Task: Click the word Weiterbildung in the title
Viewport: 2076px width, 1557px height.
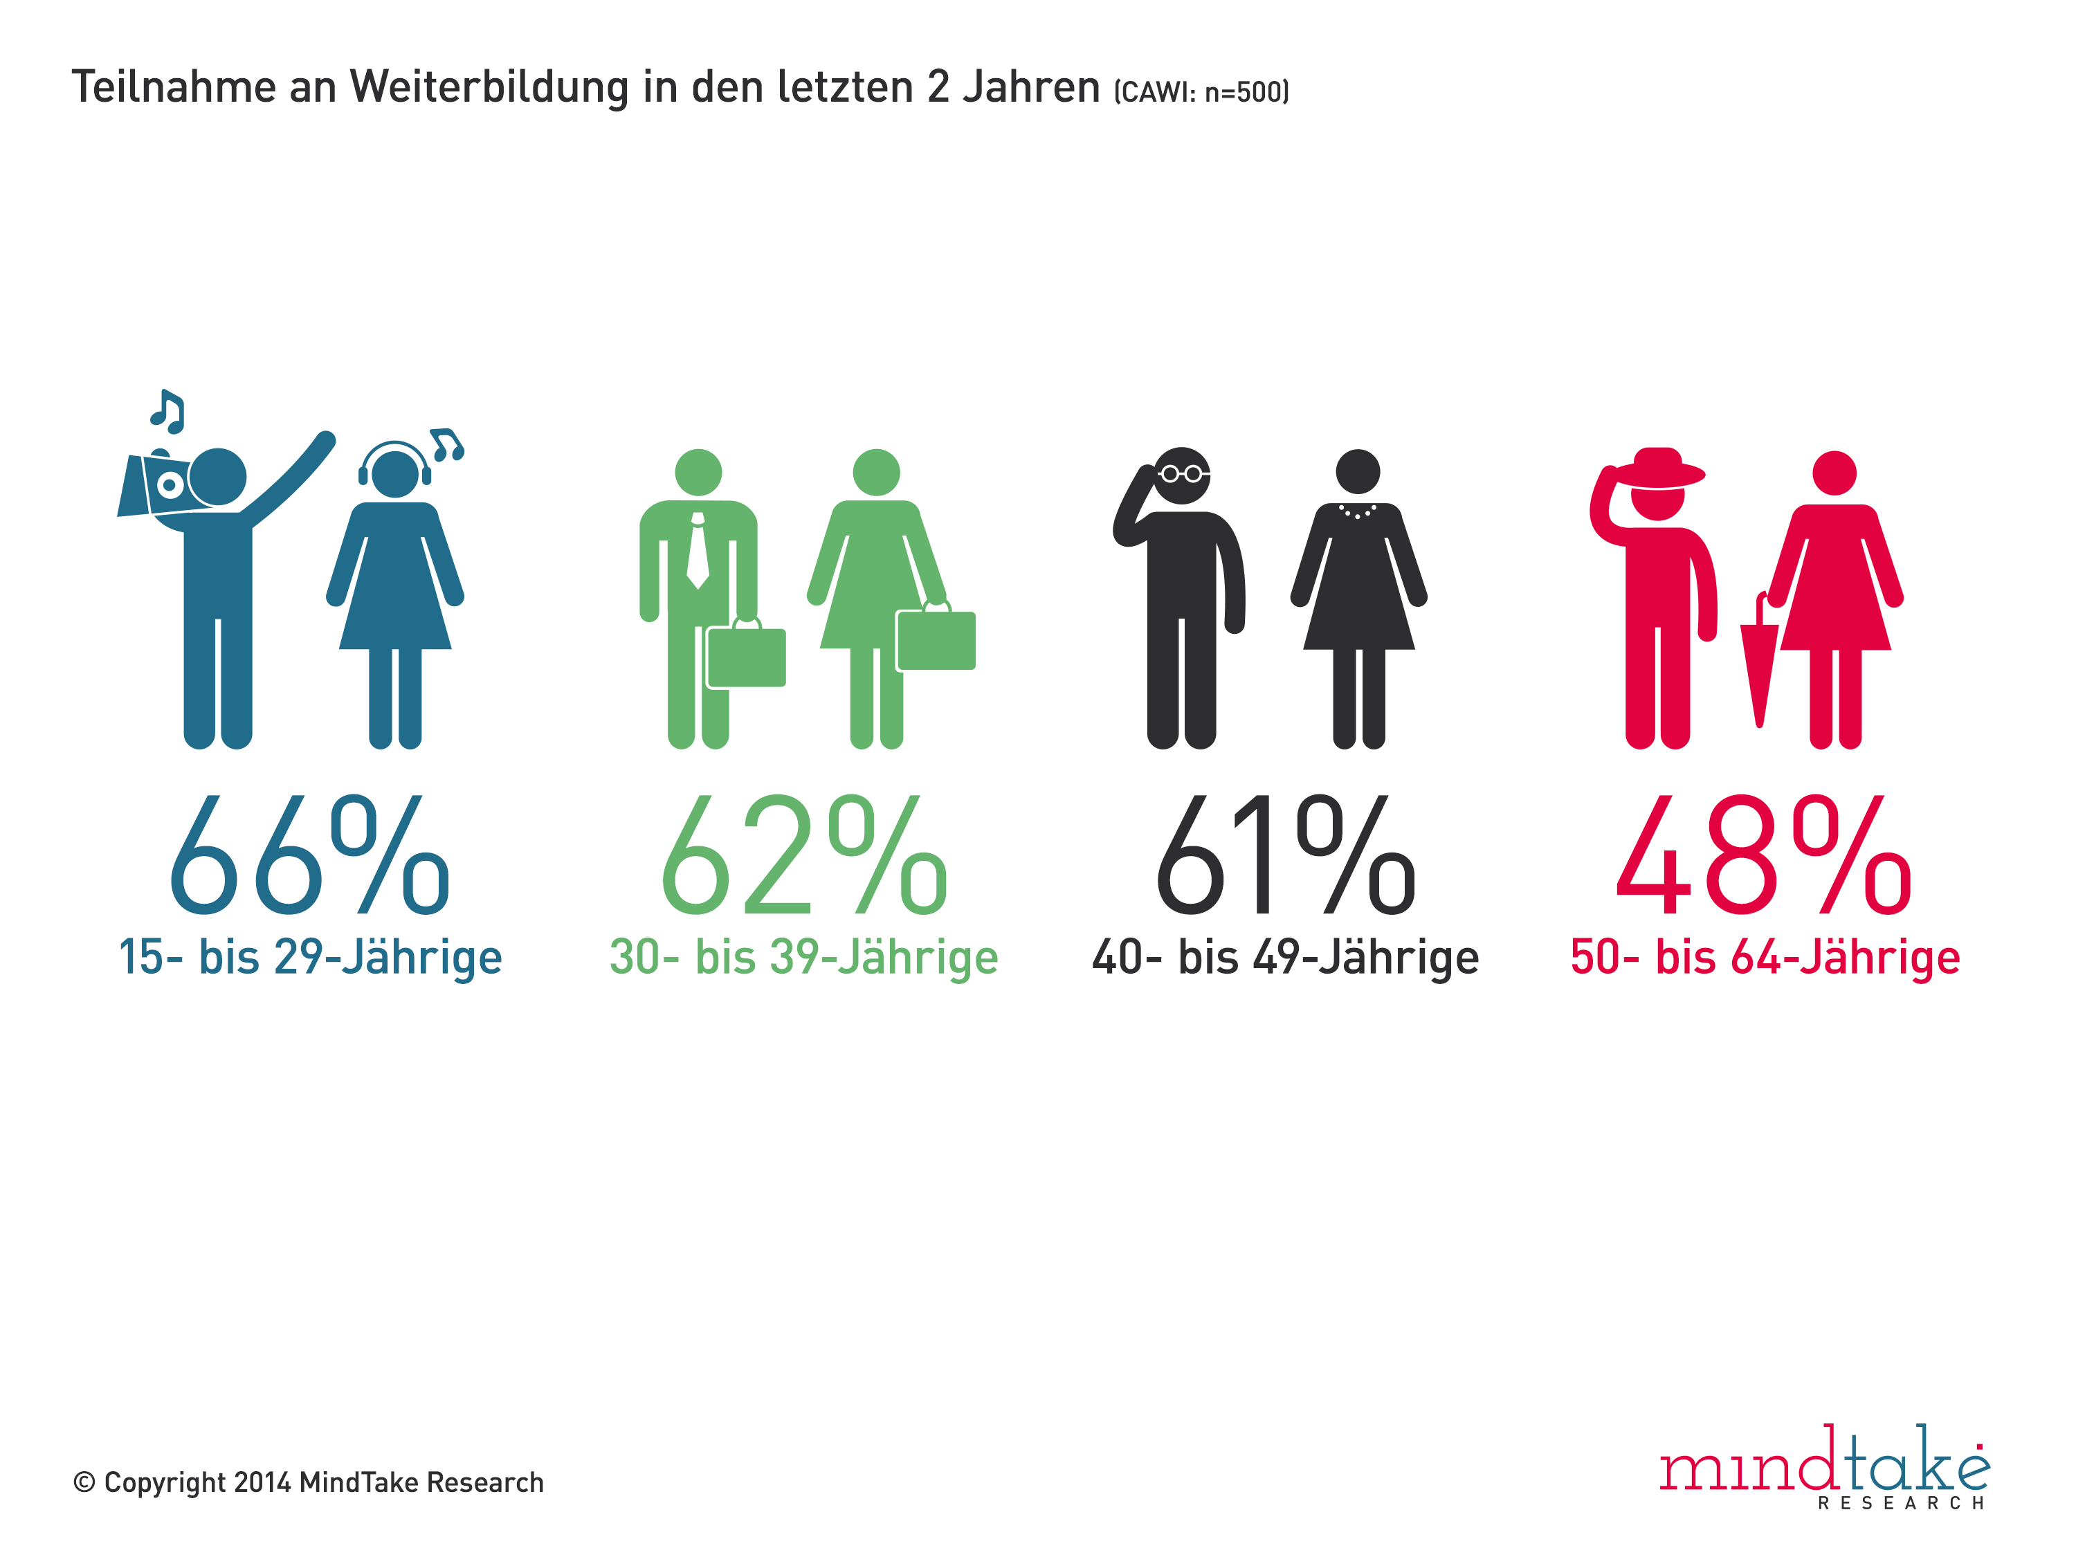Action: pyautogui.click(x=488, y=87)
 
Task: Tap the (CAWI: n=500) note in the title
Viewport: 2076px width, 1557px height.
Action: pyautogui.click(x=1201, y=92)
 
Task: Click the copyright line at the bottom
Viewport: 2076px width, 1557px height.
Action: pyautogui.click(x=309, y=1482)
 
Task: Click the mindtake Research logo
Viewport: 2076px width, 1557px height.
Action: pyautogui.click(x=1823, y=1467)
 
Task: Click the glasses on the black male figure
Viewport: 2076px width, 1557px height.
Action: pyautogui.click(x=1182, y=474)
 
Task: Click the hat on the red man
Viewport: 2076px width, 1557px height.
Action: pyautogui.click(x=1658, y=468)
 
